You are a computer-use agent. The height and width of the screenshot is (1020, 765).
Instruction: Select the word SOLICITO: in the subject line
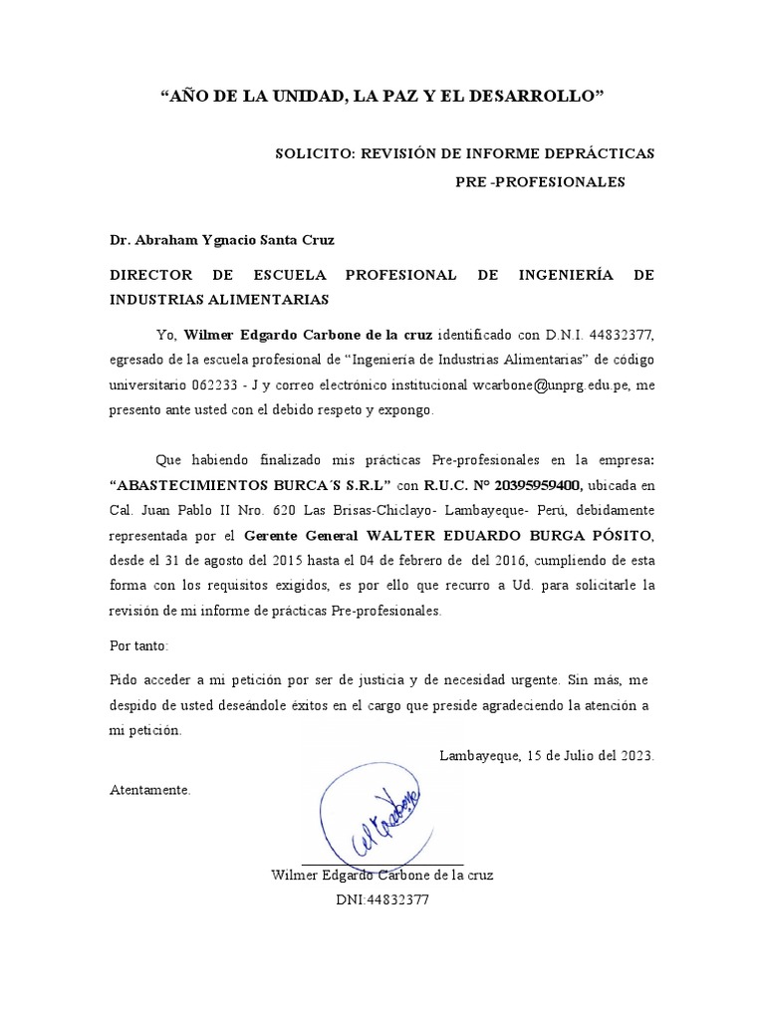[x=313, y=153]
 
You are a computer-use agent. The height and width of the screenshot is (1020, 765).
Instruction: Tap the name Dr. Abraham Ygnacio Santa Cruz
[x=221, y=240]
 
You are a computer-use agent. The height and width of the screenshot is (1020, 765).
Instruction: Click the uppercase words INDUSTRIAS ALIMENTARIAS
[x=218, y=299]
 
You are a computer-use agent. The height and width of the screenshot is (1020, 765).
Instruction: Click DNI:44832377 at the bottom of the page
[x=382, y=898]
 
